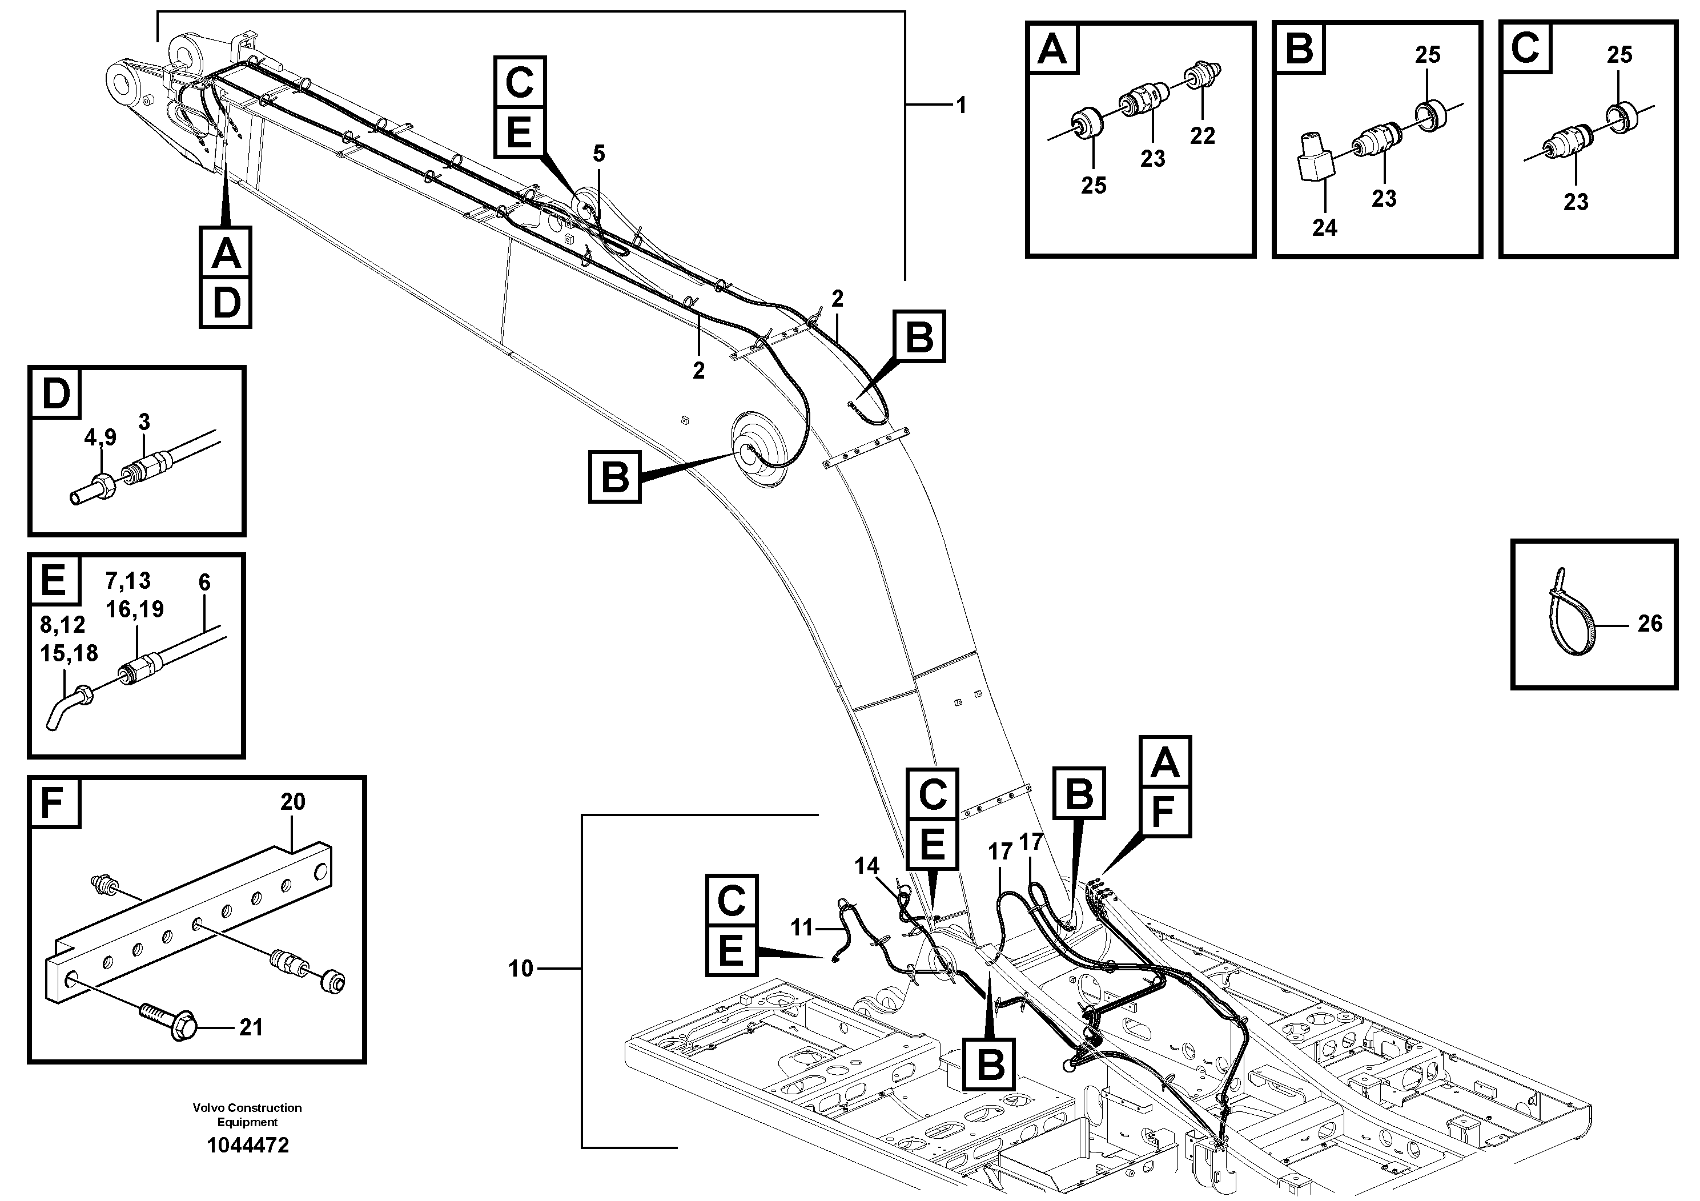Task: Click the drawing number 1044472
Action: [247, 1146]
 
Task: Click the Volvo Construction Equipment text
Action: [247, 1114]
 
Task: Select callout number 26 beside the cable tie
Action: [1650, 624]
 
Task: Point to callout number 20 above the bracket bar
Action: [292, 801]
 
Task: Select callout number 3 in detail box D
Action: [144, 422]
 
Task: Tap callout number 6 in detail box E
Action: [204, 583]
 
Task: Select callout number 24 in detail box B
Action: [1325, 227]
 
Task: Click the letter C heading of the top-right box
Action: [1525, 48]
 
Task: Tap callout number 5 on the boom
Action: [599, 154]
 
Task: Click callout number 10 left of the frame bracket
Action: [521, 969]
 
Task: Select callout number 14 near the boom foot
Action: [867, 866]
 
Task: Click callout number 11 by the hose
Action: [801, 927]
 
